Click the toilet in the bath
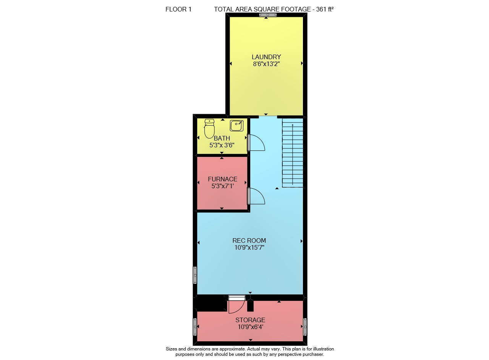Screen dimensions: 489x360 (x=209, y=129)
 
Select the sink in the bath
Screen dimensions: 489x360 (x=236, y=126)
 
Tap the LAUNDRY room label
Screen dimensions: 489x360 (x=266, y=57)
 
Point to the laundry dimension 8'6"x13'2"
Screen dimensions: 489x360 (x=266, y=64)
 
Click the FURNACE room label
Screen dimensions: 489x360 (x=222, y=179)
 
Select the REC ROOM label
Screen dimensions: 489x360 (x=249, y=241)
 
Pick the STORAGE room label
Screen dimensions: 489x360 (x=250, y=320)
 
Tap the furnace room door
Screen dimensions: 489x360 (x=256, y=196)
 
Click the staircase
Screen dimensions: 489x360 (x=293, y=153)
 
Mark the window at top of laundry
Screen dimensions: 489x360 (x=268, y=15)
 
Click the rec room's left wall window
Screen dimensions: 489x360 (x=195, y=275)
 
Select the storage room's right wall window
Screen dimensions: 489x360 (x=305, y=327)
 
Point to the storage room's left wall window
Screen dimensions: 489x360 (x=195, y=327)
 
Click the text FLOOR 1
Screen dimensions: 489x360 (x=178, y=9)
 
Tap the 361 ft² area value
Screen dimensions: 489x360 (x=325, y=9)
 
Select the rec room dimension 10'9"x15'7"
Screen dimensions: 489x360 (x=249, y=247)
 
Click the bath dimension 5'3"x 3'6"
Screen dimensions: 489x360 (x=222, y=145)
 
